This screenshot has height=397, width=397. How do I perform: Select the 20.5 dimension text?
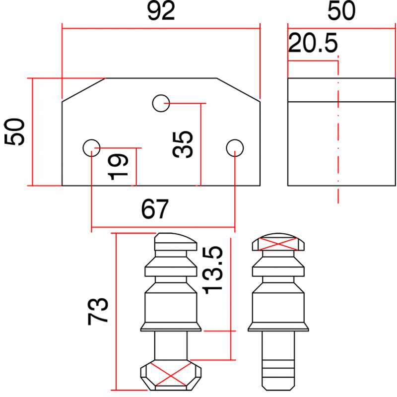pos(313,44)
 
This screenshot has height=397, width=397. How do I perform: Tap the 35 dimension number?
pos(184,144)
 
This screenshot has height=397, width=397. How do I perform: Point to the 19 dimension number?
pos(119,167)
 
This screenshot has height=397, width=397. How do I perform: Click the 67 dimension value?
pos(155,209)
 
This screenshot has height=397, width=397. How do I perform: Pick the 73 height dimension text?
pos(98,312)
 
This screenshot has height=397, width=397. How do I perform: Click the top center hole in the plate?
pos(161,103)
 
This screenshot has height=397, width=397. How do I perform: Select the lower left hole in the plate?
pos(91,147)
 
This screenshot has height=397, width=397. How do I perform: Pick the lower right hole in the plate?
pos(234,147)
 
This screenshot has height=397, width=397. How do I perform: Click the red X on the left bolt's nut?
pos(171,373)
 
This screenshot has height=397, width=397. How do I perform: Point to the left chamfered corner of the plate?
pos(83,90)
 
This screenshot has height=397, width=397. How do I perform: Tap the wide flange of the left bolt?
pos(171,327)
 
